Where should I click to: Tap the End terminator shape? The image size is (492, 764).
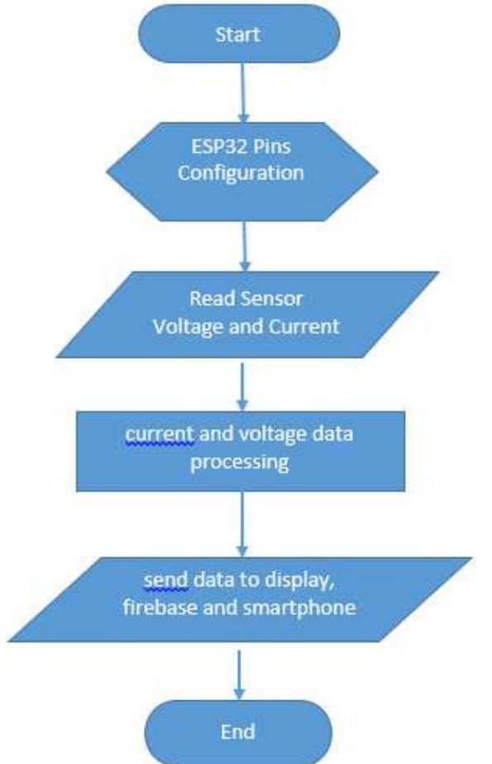(239, 730)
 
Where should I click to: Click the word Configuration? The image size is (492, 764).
(242, 174)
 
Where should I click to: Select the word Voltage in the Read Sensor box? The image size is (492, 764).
(183, 325)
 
